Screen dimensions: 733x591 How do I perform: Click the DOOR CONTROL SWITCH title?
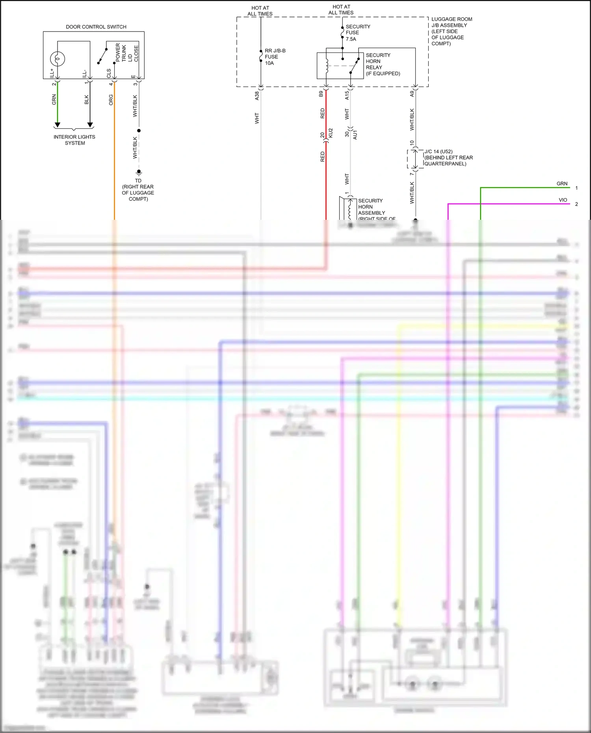point(96,27)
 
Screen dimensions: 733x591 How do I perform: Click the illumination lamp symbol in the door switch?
point(58,59)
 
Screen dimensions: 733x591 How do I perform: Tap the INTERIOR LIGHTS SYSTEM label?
point(74,140)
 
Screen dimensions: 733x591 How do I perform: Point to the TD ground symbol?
point(139,172)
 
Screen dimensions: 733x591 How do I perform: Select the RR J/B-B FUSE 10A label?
point(275,57)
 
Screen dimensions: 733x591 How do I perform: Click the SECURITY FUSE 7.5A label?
point(357,33)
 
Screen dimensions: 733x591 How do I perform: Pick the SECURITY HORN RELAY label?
point(382,64)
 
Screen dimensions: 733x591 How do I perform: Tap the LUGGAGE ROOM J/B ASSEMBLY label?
point(451,31)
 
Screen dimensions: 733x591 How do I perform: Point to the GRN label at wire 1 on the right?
point(562,184)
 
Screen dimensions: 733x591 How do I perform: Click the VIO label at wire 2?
point(563,200)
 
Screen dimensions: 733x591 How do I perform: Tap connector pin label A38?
point(257,95)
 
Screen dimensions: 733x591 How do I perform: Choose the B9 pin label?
point(321,94)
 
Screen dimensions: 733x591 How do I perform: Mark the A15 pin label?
point(347,95)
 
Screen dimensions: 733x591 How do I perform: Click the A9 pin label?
point(412,94)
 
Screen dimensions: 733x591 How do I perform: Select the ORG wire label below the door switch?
point(111,100)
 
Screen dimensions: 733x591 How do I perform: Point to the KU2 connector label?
point(331,133)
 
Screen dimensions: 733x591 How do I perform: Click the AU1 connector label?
point(355,134)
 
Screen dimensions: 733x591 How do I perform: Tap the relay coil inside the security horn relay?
point(327,66)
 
